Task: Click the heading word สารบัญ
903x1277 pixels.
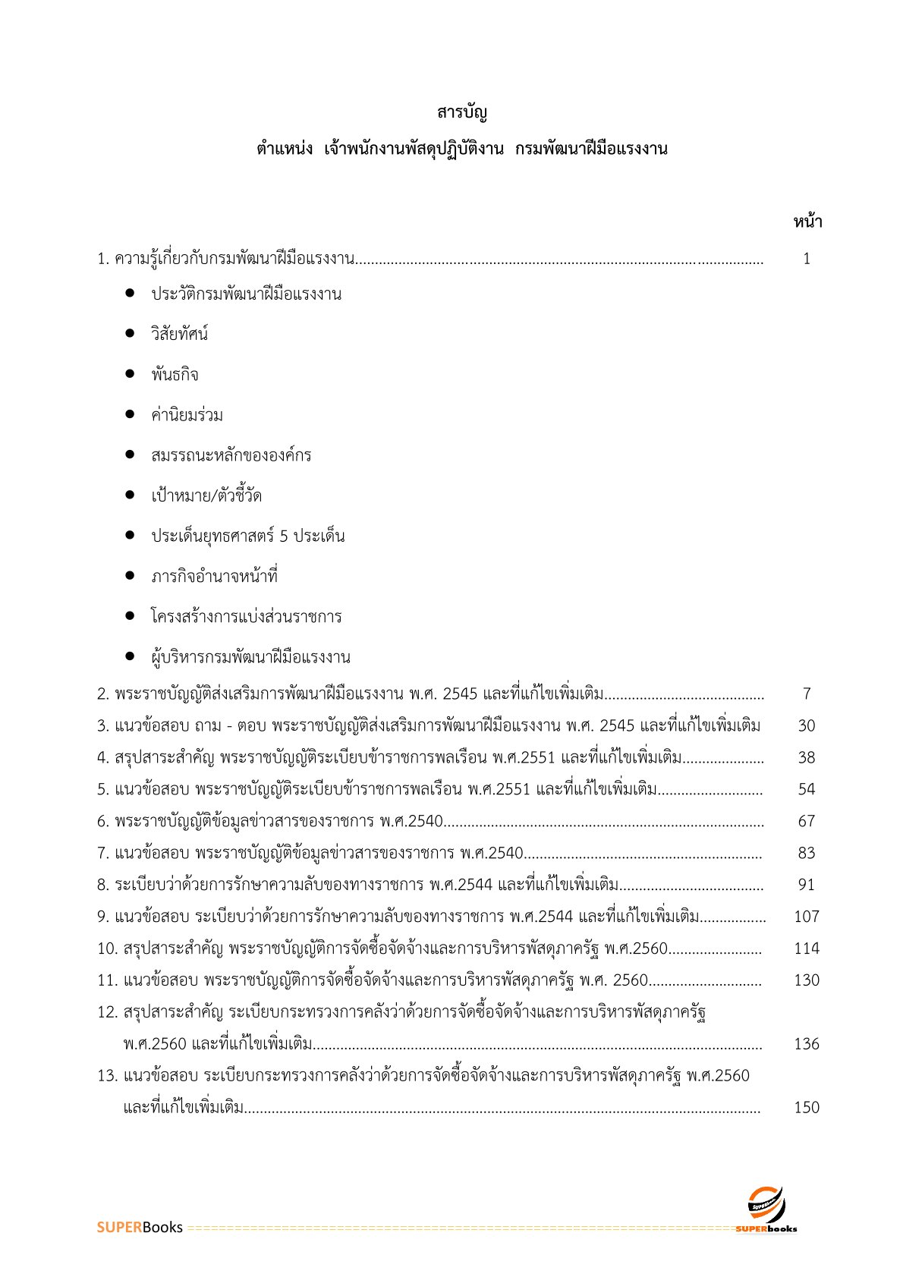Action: [461, 114]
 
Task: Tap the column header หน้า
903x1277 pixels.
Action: [807, 222]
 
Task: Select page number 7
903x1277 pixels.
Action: [807, 694]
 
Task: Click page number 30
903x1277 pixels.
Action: [806, 725]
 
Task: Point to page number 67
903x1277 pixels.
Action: [806, 821]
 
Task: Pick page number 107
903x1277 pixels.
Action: [806, 917]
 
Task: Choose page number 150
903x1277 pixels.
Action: [806, 1108]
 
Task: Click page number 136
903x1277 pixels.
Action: [806, 1044]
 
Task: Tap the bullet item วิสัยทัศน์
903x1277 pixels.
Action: [179, 335]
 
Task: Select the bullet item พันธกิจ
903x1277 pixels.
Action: [175, 375]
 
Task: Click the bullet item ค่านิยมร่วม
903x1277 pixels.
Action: [187, 415]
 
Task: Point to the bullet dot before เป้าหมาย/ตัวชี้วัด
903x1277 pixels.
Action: [131, 495]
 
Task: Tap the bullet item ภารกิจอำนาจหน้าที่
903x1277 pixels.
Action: [214, 577]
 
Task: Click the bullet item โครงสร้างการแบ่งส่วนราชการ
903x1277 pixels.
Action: [246, 617]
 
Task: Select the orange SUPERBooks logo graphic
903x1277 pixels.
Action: [766, 1207]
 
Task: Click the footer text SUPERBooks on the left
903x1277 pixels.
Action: [140, 1228]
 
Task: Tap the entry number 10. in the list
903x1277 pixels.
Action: [107, 948]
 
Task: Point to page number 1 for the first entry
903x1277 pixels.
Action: [807, 259]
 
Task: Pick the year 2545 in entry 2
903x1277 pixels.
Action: [459, 694]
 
